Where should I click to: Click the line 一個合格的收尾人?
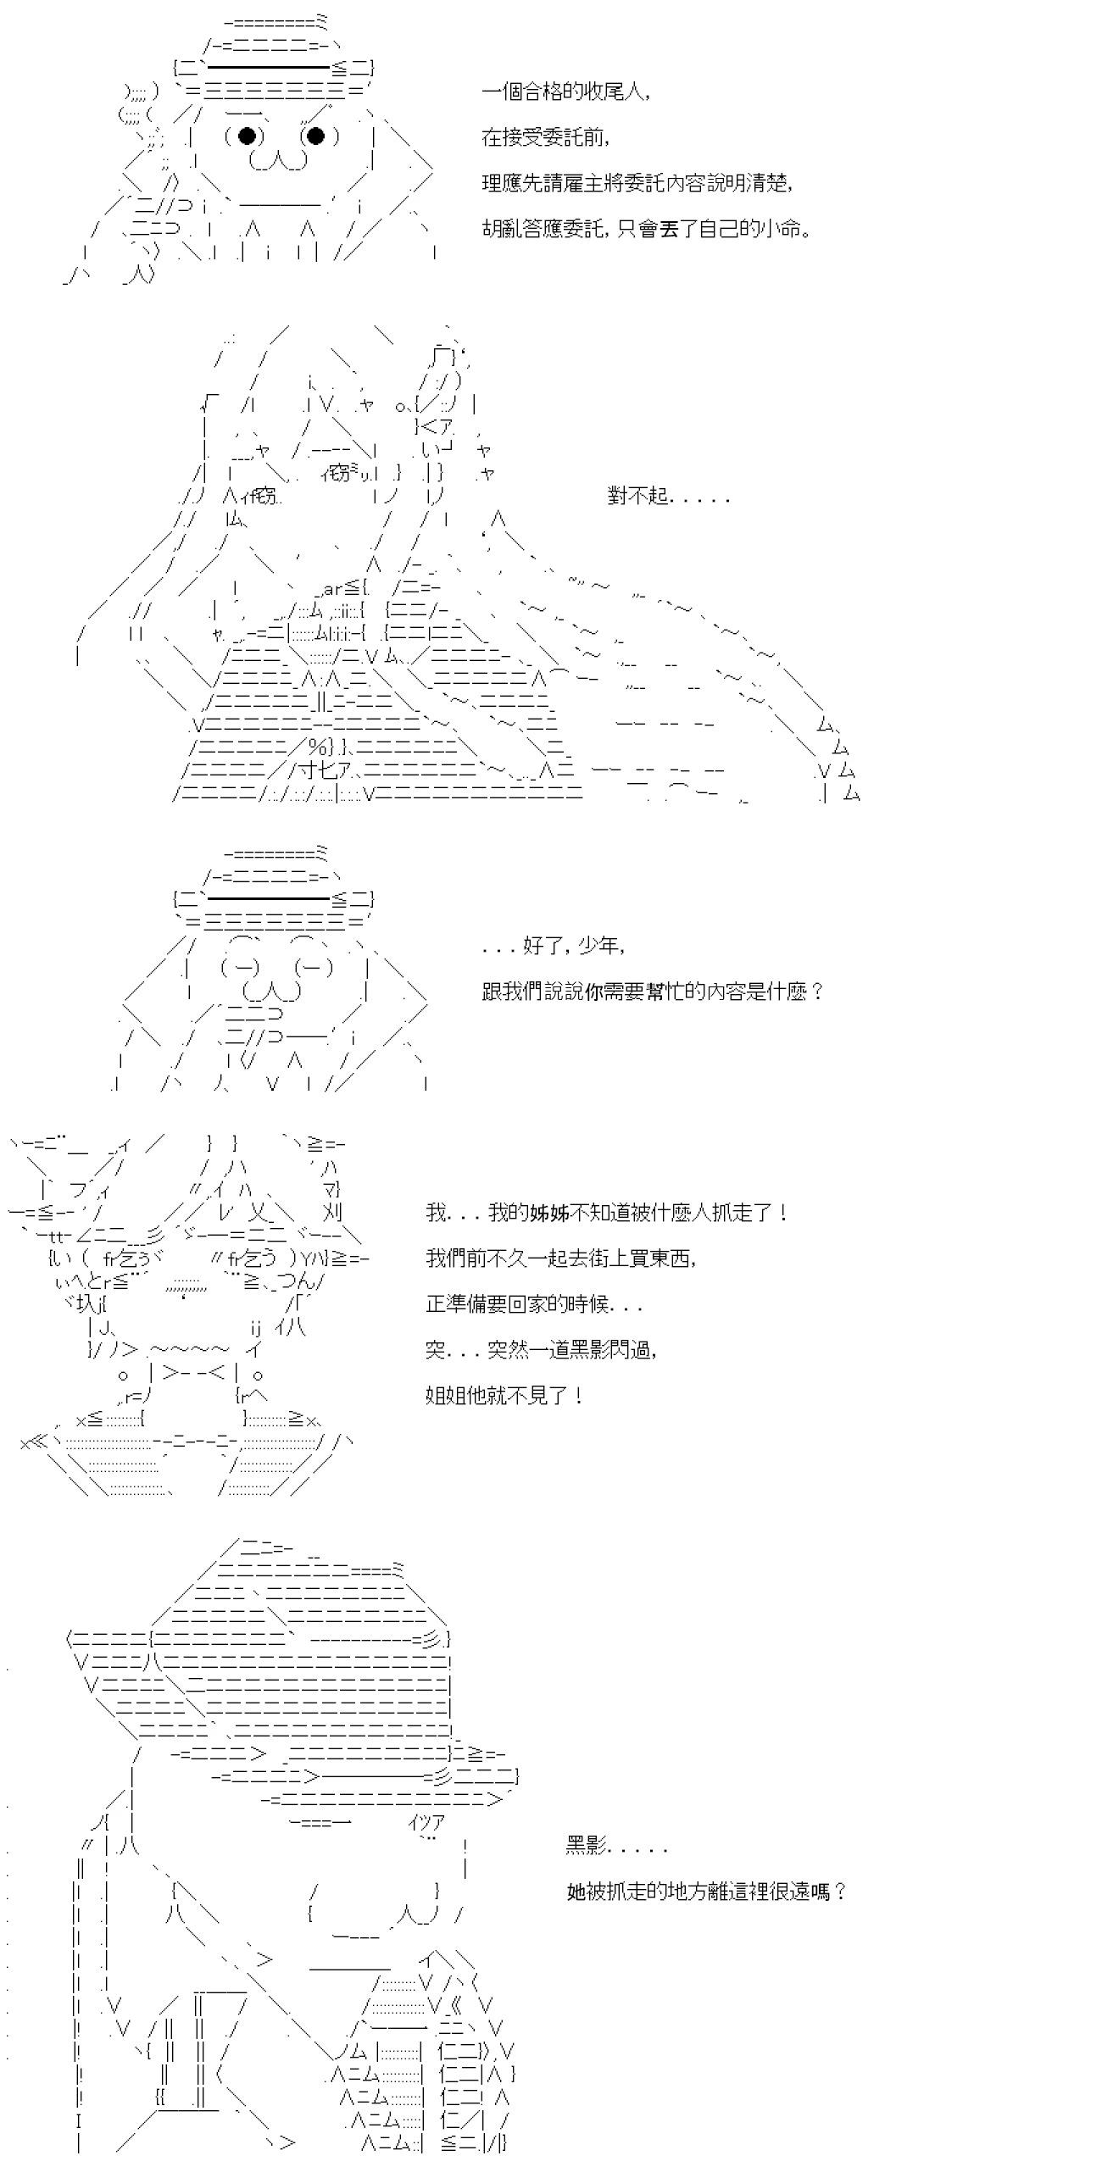click(x=567, y=92)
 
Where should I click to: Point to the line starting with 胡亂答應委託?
click(x=646, y=229)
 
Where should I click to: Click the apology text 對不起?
click(x=668, y=496)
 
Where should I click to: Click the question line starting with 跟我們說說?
click(x=653, y=992)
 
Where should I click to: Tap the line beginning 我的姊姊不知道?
click(x=607, y=1213)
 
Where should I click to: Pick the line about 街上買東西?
click(x=561, y=1258)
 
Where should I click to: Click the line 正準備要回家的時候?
click(x=534, y=1304)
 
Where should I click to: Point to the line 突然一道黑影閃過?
click(x=542, y=1350)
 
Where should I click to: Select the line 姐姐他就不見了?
click(x=504, y=1396)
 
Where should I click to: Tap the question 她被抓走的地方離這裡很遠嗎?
click(x=706, y=1892)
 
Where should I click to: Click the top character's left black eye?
click(x=247, y=136)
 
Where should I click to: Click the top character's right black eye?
click(x=315, y=136)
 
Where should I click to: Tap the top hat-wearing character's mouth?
click(x=277, y=161)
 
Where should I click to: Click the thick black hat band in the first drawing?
click(x=268, y=68)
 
